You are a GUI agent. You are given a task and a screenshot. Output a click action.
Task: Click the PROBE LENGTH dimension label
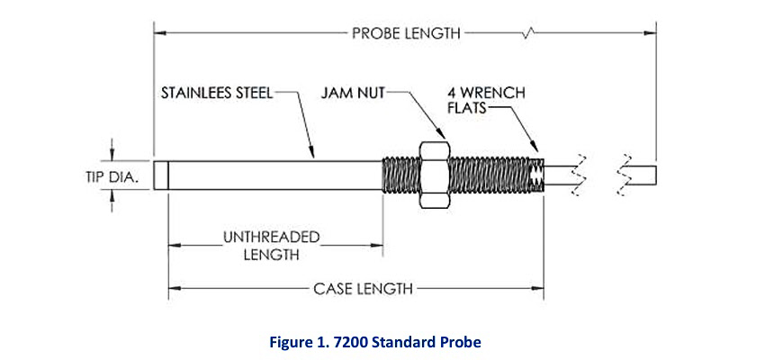coord(406,33)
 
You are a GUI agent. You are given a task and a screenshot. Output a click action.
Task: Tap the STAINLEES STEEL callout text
coord(216,92)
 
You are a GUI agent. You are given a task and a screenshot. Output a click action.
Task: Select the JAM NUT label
coord(351,92)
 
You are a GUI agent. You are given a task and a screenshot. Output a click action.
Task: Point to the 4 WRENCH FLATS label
coord(486,100)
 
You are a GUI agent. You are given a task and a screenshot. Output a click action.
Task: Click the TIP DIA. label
coord(105,176)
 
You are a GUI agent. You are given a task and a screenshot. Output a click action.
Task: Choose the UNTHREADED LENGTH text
coord(271,246)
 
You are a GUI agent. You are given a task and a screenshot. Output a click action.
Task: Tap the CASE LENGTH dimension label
coord(363,289)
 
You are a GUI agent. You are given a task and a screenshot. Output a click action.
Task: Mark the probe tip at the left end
coord(161,175)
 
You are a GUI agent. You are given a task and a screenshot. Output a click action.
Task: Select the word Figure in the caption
coord(291,343)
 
